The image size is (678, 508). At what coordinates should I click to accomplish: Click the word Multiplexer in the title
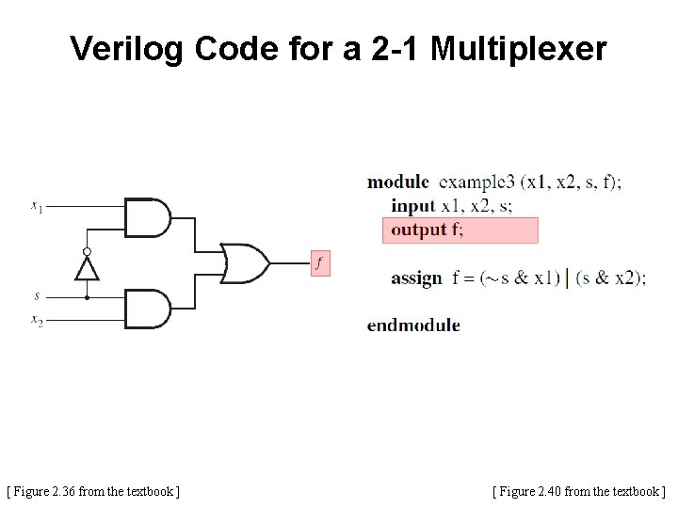pyautogui.click(x=519, y=49)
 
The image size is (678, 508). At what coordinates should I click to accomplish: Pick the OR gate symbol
pyautogui.click(x=244, y=263)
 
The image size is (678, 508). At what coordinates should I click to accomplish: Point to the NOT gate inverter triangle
pyautogui.click(x=87, y=269)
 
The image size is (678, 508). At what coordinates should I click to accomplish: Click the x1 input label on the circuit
pyautogui.click(x=36, y=205)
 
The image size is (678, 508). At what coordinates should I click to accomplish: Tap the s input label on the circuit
pyautogui.click(x=37, y=295)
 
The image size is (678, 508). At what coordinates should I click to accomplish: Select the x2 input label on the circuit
pyautogui.click(x=37, y=321)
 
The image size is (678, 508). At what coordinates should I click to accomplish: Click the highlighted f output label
pyautogui.click(x=319, y=263)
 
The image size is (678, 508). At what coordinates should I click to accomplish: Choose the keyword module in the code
pyautogui.click(x=397, y=182)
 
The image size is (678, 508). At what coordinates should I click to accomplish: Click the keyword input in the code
pyautogui.click(x=413, y=205)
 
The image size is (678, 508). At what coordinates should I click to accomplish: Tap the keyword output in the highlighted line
pyautogui.click(x=419, y=230)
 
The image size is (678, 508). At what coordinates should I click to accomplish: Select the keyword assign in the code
pyautogui.click(x=416, y=278)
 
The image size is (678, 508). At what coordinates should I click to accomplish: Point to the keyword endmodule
pyautogui.click(x=413, y=325)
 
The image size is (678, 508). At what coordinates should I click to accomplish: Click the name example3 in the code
pyautogui.click(x=479, y=182)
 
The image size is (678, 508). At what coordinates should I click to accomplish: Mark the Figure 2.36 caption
pyautogui.click(x=93, y=490)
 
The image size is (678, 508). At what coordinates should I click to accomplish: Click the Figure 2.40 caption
pyautogui.click(x=578, y=490)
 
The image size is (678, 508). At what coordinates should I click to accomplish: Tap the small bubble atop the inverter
pyautogui.click(x=87, y=252)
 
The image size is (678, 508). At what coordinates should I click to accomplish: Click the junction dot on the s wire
pyautogui.click(x=87, y=296)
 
